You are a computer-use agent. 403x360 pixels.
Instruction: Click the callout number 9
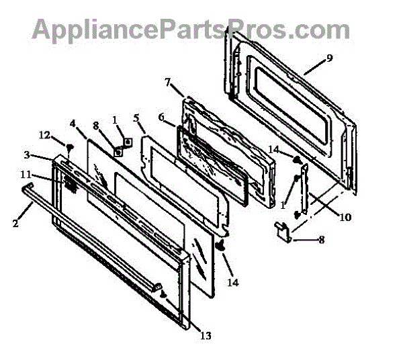click(x=329, y=58)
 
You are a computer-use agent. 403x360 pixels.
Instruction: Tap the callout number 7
click(x=168, y=82)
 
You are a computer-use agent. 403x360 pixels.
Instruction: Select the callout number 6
click(x=161, y=116)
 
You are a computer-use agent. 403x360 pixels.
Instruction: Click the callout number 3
click(x=27, y=155)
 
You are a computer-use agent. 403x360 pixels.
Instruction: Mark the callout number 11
click(x=26, y=175)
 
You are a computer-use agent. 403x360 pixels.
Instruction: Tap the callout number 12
click(x=44, y=135)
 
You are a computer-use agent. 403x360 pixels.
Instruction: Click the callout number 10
click(x=344, y=217)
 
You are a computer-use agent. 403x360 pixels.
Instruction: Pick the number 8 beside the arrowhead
click(x=321, y=239)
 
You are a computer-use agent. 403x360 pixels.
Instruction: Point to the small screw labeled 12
click(x=68, y=146)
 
